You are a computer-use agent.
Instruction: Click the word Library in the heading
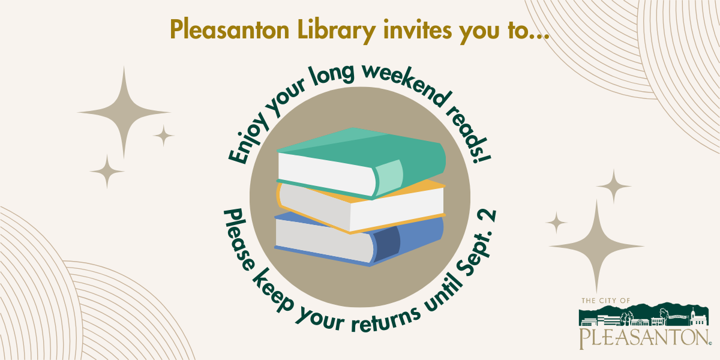pyautogui.click(x=336, y=31)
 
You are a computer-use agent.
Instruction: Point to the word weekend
pyautogui.click(x=406, y=83)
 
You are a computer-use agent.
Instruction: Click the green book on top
pyautogui.click(x=361, y=163)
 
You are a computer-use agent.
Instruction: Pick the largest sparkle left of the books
pyautogui.click(x=124, y=113)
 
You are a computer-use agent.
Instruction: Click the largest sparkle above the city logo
pyautogui.click(x=596, y=246)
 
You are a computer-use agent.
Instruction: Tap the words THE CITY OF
pyautogui.click(x=606, y=301)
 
